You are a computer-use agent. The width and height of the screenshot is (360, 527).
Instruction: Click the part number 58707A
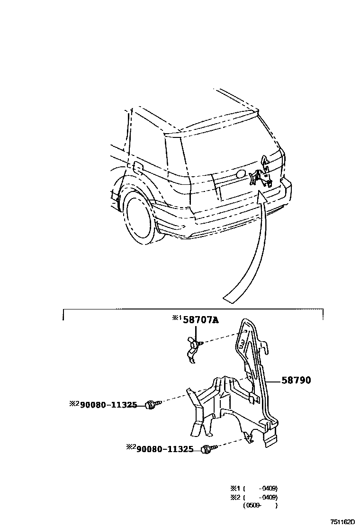pyautogui.click(x=201, y=320)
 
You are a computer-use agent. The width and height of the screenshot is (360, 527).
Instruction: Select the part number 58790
pyautogui.click(x=297, y=380)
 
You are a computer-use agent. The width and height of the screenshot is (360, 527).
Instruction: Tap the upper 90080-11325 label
pyautogui.click(x=108, y=405)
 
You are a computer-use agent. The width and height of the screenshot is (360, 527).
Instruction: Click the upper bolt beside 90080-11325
pyautogui.click(x=152, y=404)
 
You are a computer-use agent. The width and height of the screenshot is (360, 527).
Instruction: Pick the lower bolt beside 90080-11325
pyautogui.click(x=208, y=449)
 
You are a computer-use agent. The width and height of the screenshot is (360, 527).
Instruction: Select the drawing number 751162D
pyautogui.click(x=342, y=522)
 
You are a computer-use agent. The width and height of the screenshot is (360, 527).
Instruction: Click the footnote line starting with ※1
pyautogui.click(x=253, y=488)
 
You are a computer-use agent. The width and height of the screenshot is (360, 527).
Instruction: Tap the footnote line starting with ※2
pyautogui.click(x=253, y=497)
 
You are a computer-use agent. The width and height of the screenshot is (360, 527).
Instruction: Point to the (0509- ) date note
pyautogui.click(x=260, y=506)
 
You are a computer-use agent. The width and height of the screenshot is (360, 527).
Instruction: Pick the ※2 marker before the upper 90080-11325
pyautogui.click(x=74, y=404)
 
